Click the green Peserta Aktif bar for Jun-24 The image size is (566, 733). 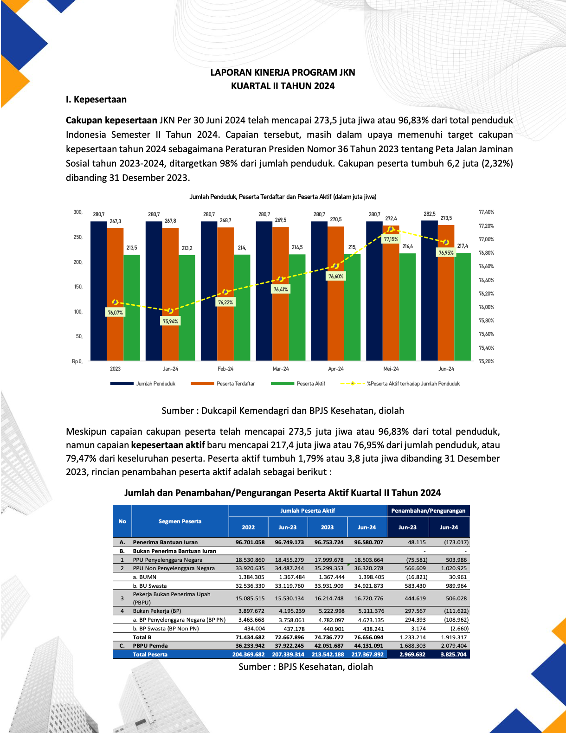[463, 307]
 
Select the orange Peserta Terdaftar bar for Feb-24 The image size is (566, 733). [225, 294]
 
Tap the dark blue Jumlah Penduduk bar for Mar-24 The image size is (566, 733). [264, 291]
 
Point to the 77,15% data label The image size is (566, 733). [391, 239]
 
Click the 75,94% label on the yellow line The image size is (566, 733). [170, 321]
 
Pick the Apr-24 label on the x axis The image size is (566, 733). [335, 369]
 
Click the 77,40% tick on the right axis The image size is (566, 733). [486, 212]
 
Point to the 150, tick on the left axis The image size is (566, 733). [78, 287]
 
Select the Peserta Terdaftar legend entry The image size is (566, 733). [223, 384]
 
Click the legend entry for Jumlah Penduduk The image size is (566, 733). [143, 384]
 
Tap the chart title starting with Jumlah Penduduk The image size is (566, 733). [283, 197]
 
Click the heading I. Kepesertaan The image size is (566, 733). [96, 99]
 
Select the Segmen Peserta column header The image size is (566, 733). [180, 521]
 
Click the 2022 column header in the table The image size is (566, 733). [248, 527]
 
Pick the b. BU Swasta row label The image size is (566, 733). [150, 586]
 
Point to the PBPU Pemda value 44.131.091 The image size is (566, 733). [369, 646]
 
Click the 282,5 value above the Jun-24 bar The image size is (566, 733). [430, 214]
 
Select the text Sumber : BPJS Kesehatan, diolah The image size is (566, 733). [306, 667]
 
